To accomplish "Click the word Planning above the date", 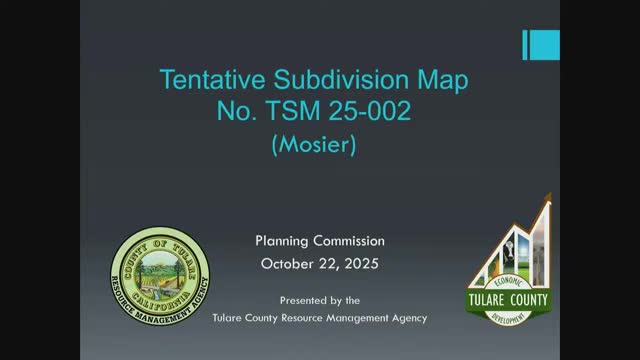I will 285,241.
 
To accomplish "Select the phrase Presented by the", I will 319,300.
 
